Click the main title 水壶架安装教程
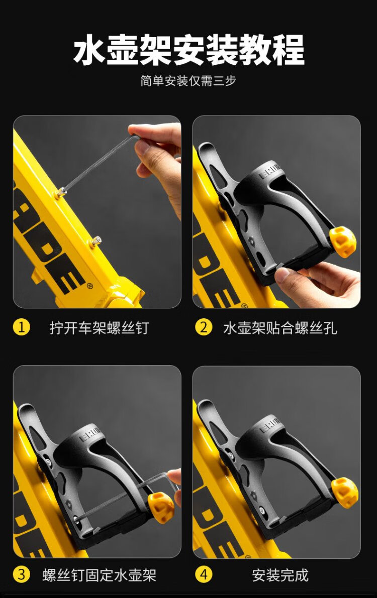click(x=189, y=50)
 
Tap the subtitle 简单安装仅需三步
click(x=189, y=81)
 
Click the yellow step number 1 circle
click(x=22, y=327)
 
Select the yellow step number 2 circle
click(x=204, y=327)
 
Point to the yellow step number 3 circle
click(x=22, y=574)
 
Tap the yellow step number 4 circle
click(x=204, y=574)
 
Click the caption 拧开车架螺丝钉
click(x=99, y=327)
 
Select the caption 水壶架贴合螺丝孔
click(x=280, y=327)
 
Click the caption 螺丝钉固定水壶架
click(x=100, y=575)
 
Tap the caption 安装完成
click(x=280, y=575)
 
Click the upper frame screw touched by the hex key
click(x=60, y=193)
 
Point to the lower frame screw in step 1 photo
click(x=96, y=242)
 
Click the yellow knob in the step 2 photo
click(x=343, y=242)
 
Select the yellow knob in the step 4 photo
click(x=345, y=493)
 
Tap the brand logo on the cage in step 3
click(x=89, y=435)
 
